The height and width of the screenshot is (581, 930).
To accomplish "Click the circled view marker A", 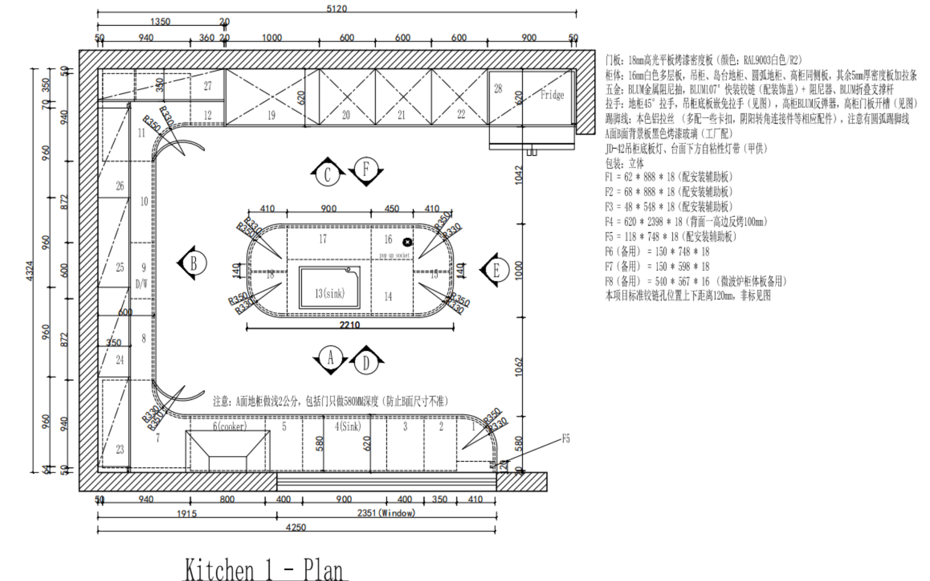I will coord(330,358).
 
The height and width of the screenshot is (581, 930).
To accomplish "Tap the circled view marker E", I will coord(496,271).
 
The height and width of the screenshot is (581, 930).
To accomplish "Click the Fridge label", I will coord(552,95).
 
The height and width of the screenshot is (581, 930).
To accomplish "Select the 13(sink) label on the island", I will coord(330,293).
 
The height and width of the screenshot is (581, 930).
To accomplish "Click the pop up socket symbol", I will coord(407,242).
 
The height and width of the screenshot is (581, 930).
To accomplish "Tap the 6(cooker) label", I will coord(230,426).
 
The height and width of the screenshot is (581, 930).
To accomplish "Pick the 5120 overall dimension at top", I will coord(336,9).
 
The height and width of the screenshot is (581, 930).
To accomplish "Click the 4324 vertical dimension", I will coord(29,271).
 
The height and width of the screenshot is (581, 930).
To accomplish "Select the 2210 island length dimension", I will coord(349,324).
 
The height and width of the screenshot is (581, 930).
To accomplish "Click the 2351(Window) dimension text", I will coord(386,513).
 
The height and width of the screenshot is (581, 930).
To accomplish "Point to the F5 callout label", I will coord(565,439).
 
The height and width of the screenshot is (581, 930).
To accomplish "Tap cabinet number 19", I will coord(271,115).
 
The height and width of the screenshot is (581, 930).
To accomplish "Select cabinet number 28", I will coord(498,89).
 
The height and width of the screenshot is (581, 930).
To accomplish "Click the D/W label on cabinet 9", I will coord(141,284).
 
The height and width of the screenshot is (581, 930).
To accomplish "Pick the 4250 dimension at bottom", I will coord(296,528).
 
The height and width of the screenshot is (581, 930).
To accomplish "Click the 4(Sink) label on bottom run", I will coord(348,426).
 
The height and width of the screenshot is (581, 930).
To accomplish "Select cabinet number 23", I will coord(120,449).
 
